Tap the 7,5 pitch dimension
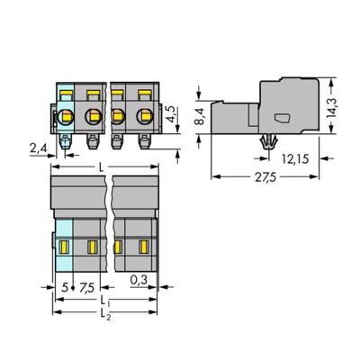click(x=87, y=288)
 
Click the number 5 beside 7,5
click(x=64, y=288)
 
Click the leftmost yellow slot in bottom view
click(x=65, y=246)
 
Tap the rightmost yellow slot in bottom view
click(x=144, y=246)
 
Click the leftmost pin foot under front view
click(x=67, y=140)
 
